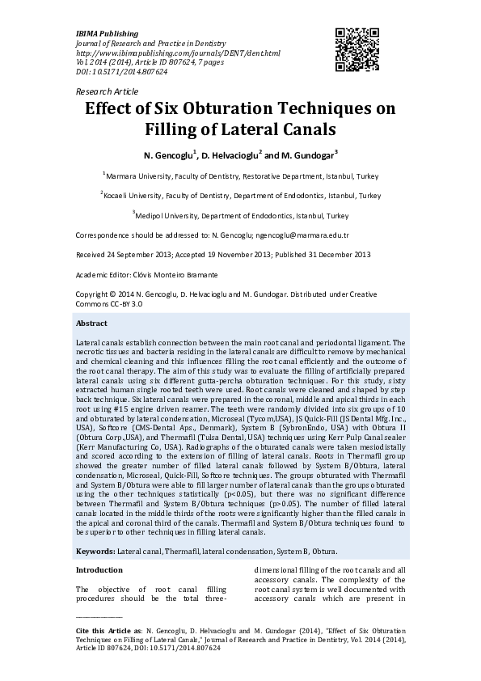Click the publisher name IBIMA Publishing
(107, 34)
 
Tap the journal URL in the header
(178, 53)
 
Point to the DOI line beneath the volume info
(121, 72)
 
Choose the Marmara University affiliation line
(240, 176)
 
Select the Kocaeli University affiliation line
(240, 196)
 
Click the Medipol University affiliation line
(240, 216)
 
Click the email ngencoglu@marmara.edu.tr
(302, 235)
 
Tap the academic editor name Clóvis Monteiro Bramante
(175, 275)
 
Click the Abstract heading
(91, 323)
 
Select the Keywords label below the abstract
(95, 551)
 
